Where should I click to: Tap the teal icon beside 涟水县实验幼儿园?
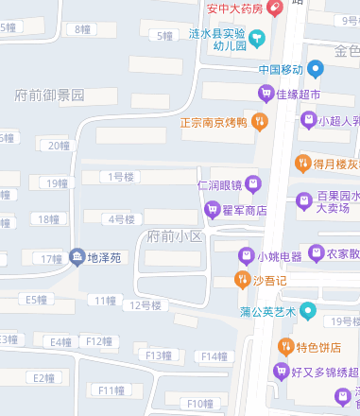pyautogui.click(x=258, y=38)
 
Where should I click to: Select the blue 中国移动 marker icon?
pyautogui.click(x=317, y=68)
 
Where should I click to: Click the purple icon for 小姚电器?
pyautogui.click(x=246, y=255)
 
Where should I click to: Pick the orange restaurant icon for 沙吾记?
pyautogui.click(x=241, y=280)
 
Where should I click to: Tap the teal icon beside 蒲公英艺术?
pyautogui.click(x=307, y=310)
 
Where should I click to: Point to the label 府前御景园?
pyautogui.click(x=50, y=95)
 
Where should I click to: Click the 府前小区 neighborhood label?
pyautogui.click(x=176, y=235)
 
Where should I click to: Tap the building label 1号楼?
pyautogui.click(x=121, y=176)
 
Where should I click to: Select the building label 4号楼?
pyautogui.click(x=122, y=219)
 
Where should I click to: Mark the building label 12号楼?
pyautogui.click(x=146, y=304)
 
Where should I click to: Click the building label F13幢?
pyautogui.click(x=158, y=355)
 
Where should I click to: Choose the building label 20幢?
pyautogui.click(x=59, y=146)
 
